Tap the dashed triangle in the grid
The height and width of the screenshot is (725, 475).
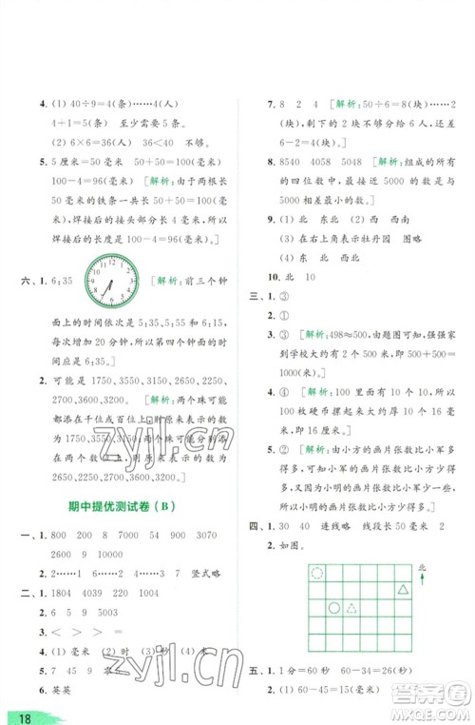coord(352,608)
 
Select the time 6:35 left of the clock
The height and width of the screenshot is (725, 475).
coord(65,282)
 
